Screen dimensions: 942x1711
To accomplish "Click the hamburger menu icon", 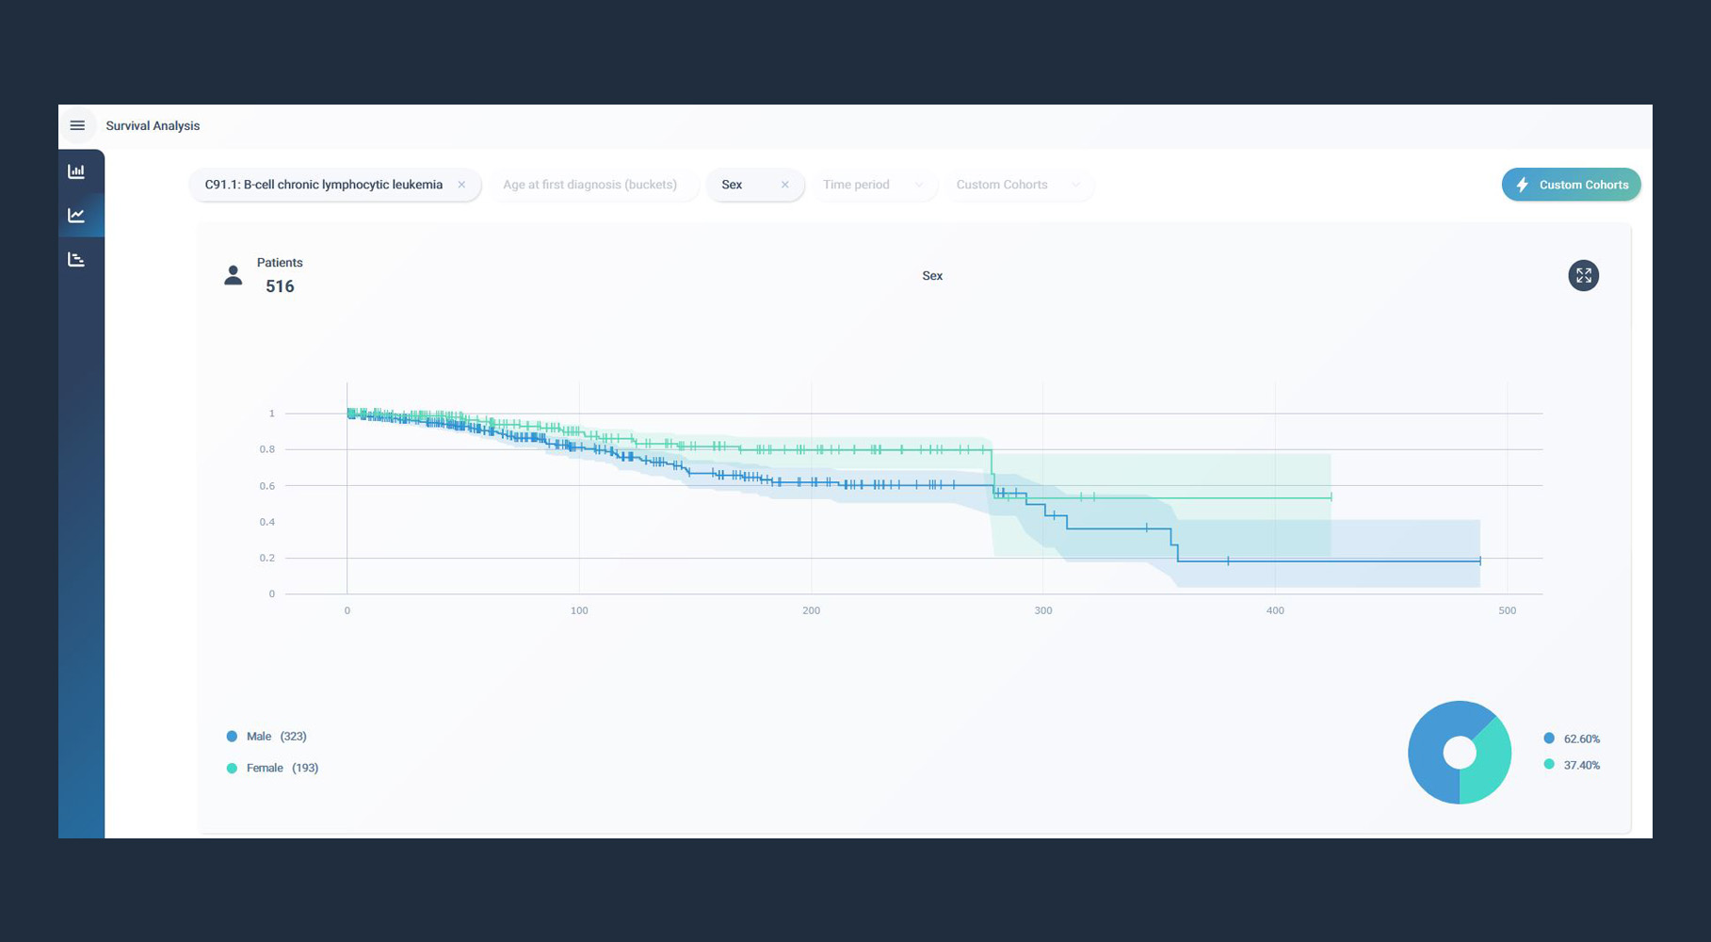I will [77, 125].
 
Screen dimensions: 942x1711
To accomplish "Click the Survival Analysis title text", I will [153, 125].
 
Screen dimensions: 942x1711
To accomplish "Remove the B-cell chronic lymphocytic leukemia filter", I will [461, 185].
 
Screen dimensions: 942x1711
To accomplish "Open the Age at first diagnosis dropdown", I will [589, 185].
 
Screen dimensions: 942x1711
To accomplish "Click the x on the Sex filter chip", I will [784, 185].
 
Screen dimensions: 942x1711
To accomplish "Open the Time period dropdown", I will [872, 185].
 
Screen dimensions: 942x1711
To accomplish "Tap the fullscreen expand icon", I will [1583, 275].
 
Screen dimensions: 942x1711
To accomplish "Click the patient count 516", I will [280, 286].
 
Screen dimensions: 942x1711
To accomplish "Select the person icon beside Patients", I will [234, 275].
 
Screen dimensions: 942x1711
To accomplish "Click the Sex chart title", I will [932, 276].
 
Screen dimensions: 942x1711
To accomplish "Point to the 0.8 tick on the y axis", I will [267, 449].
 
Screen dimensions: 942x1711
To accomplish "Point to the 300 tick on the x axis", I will [1043, 610].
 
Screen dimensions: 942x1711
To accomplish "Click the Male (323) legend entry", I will [267, 737].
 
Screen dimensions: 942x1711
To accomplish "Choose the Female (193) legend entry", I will [273, 768].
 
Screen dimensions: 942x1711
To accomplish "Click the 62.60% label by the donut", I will [1581, 739].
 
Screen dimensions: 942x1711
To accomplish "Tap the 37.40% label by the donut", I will [1581, 765].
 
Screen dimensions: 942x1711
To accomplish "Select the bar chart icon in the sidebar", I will [76, 171].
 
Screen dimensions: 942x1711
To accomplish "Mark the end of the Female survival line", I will [1331, 496].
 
